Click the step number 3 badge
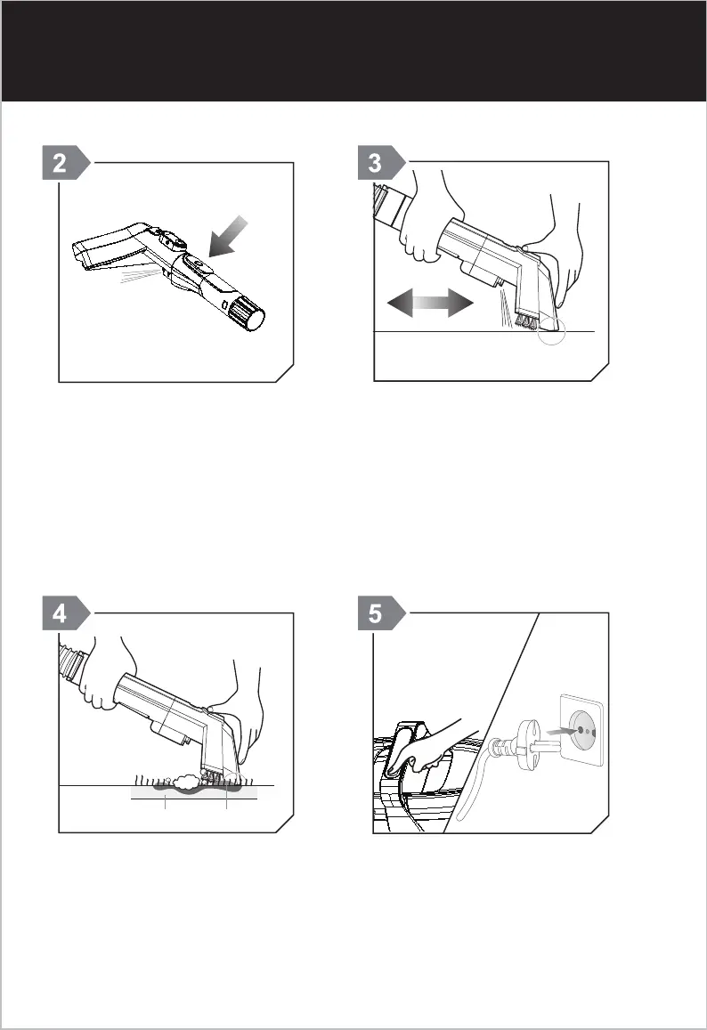(381, 162)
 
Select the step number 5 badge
(381, 613)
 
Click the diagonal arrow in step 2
(227, 237)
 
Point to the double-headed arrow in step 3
(430, 303)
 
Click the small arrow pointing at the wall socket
(563, 730)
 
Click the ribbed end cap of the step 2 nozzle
(248, 312)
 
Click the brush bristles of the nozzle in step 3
(528, 321)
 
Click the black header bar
(353, 52)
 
